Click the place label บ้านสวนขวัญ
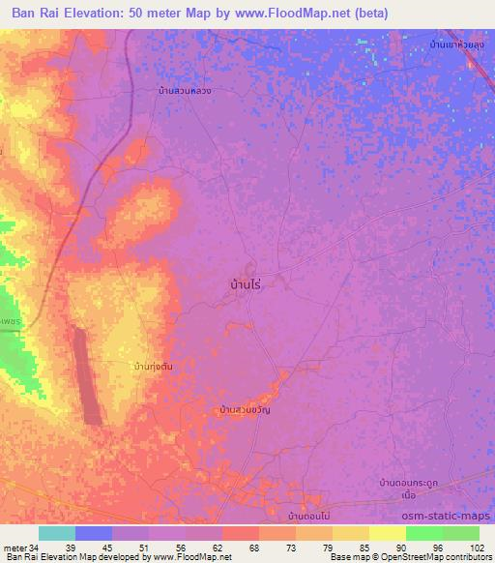pos(245,411)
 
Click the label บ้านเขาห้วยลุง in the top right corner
pos(457,44)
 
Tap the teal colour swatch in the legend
pos(57,533)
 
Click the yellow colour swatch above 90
pos(388,533)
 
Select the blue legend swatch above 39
pos(94,533)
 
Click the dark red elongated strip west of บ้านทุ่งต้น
pos(89,376)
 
